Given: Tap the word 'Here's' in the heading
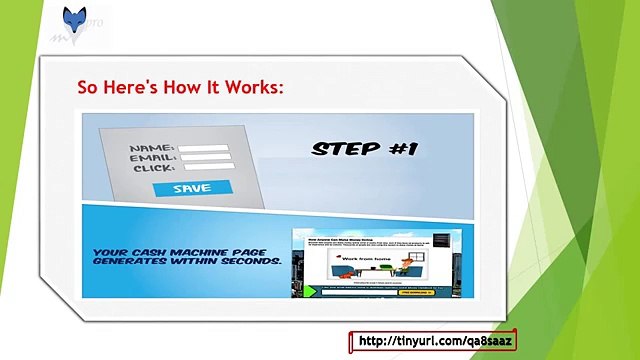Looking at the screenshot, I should click(x=131, y=88).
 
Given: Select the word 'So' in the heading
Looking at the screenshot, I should click(x=88, y=88).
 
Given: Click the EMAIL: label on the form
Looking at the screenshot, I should click(x=153, y=160).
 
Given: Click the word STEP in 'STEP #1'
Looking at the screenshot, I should click(x=345, y=149).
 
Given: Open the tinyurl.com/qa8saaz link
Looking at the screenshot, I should click(x=431, y=342).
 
